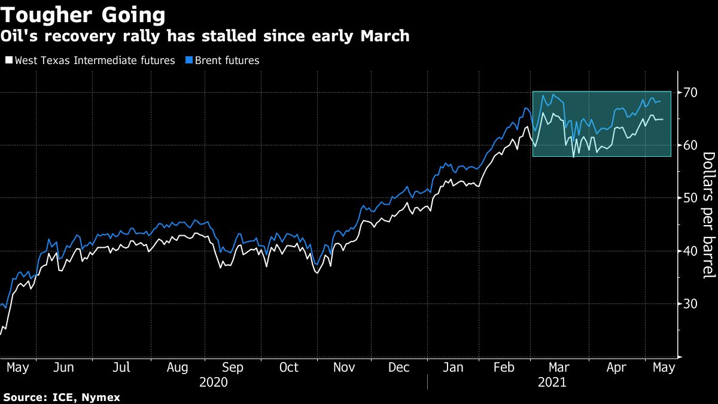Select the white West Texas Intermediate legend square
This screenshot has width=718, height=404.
pos(9,60)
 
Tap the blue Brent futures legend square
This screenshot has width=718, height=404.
pos(189,60)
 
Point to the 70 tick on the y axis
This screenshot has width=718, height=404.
pos(690,92)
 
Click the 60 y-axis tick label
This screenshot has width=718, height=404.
pos(690,145)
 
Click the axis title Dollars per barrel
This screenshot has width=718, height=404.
pos(708,215)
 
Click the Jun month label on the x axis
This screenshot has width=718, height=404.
pos(63,367)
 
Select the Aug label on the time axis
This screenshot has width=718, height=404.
pos(177,367)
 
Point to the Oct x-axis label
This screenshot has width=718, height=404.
pos(289,367)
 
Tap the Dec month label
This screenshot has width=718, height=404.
pos(398,367)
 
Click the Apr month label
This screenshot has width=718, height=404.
pos(616,367)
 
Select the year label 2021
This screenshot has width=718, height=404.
pos(551,381)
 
